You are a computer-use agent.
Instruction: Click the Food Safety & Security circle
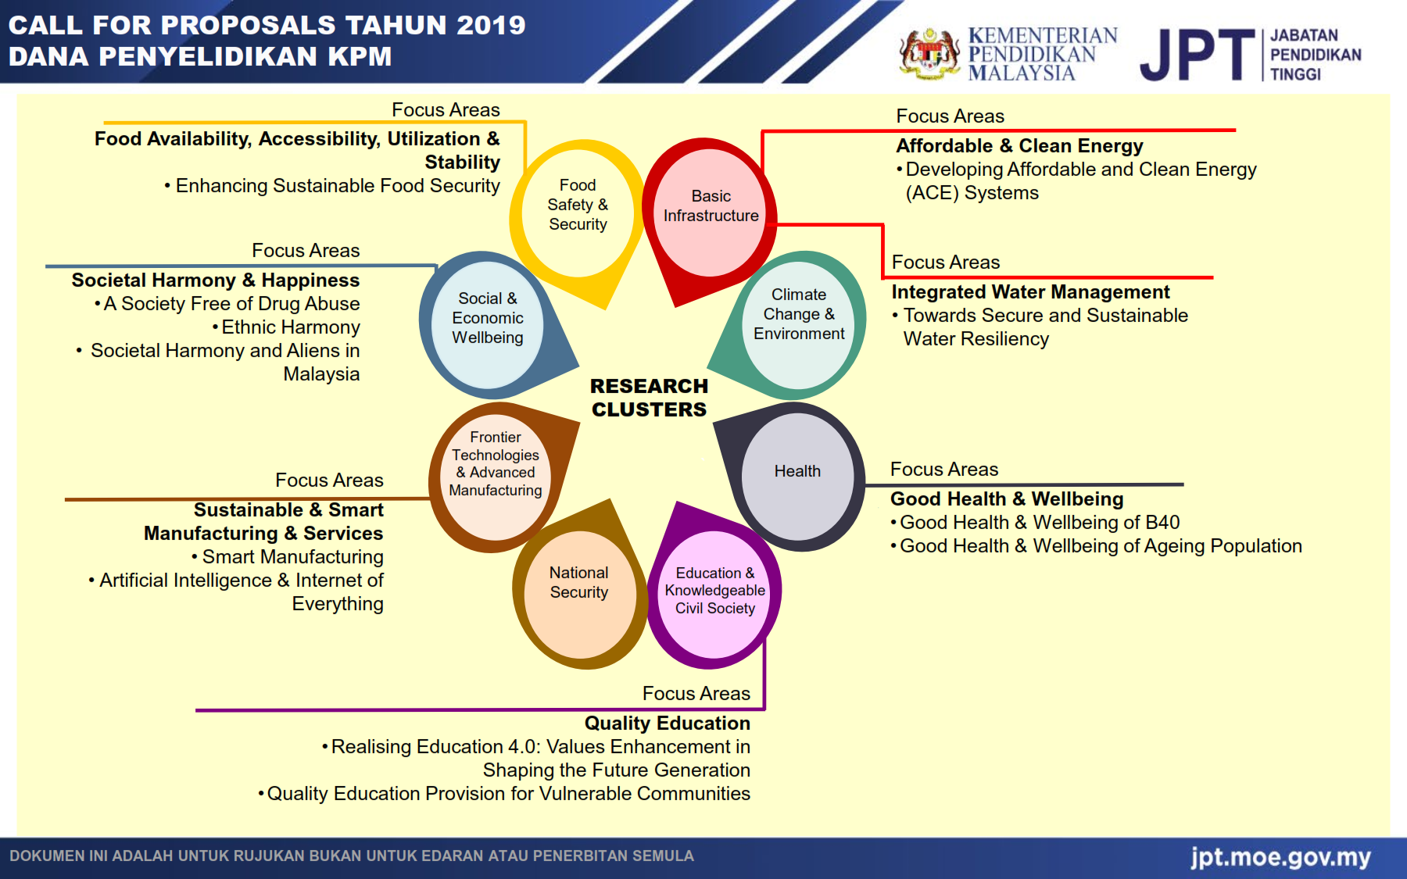tap(578, 205)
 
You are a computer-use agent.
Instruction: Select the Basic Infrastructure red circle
tap(711, 206)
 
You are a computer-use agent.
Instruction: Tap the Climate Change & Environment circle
tap(798, 314)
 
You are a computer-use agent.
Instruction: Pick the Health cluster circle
tap(797, 471)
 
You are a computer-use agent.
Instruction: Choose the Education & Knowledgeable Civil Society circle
tap(714, 591)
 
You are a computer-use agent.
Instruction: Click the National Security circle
tap(578, 583)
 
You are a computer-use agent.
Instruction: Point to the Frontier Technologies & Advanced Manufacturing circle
tap(496, 464)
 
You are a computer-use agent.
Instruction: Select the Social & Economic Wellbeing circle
tap(488, 318)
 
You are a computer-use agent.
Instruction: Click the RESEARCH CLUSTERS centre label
tap(649, 398)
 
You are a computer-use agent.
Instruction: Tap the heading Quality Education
tap(667, 724)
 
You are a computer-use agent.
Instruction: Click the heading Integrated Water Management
tap(1030, 292)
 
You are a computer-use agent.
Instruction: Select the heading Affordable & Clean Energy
tap(1019, 146)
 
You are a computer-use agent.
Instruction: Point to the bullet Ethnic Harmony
tap(290, 327)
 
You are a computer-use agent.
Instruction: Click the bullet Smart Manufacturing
tap(292, 557)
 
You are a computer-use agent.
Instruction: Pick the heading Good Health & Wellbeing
tap(1007, 499)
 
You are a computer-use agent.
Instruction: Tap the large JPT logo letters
tap(1197, 55)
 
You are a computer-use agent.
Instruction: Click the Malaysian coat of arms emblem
tap(929, 54)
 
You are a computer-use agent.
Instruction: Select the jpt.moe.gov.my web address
tap(1280, 857)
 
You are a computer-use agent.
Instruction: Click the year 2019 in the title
tap(491, 25)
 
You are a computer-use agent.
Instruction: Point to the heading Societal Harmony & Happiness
tap(215, 280)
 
